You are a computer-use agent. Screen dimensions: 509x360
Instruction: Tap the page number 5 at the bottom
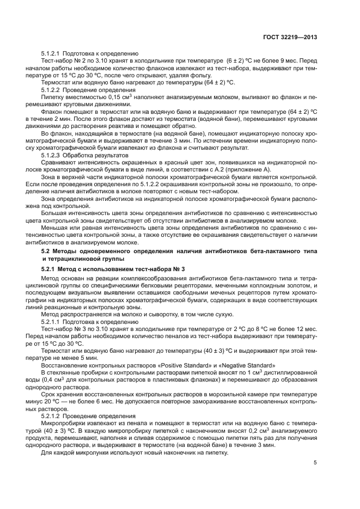[315, 463]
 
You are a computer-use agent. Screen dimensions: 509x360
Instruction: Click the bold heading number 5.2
[48, 250]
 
